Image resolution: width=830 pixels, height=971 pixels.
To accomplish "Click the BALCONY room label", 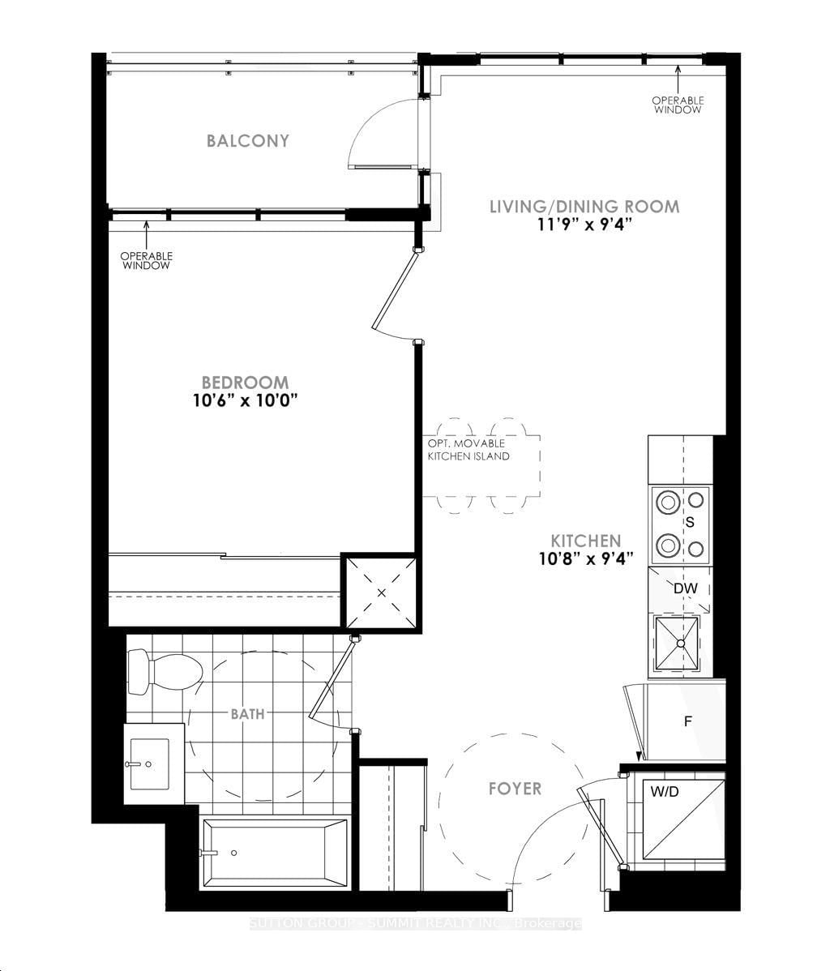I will pos(247,141).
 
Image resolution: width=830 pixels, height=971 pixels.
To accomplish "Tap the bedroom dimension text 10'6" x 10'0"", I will pos(245,401).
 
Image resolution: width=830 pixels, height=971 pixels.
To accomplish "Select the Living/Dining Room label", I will pos(584,206).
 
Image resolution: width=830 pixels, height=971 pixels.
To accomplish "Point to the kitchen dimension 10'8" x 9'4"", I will pos(586,558).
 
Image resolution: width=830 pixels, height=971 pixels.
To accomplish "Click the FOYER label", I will pos(515,789).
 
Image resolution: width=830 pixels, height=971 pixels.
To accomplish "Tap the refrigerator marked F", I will pos(685,721).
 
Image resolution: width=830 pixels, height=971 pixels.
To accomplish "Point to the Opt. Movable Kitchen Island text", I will pos(468,450).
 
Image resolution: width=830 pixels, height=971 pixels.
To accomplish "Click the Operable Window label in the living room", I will pos(678,105).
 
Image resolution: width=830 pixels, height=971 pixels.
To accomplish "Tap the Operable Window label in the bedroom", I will pos(146,260).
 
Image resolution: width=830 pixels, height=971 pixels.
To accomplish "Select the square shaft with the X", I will pos(381,591).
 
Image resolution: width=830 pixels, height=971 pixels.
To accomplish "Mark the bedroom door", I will pos(396,292).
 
